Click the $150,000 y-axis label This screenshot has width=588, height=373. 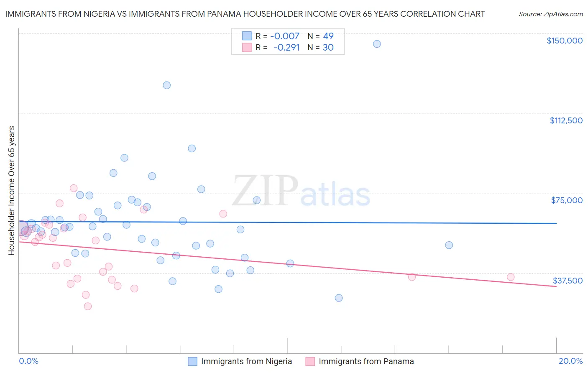coord(564,41)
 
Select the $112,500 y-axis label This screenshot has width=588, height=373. coord(566,120)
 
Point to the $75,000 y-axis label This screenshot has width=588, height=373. coord(567,200)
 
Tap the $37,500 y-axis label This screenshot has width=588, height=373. coord(568,281)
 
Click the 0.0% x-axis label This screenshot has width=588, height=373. coord(28,361)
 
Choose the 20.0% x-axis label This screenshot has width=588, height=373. coord(570,361)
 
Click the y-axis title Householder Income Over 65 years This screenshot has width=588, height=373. coord(12,190)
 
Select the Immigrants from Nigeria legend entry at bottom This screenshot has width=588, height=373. coord(246,361)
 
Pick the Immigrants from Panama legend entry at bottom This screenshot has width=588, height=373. coord(366,361)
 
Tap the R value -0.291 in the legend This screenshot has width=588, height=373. coord(287,48)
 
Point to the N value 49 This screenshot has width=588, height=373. coord(328,36)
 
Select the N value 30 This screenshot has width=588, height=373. coord(328,48)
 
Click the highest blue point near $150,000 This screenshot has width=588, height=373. coord(377,44)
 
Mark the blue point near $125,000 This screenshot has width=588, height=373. coord(166,85)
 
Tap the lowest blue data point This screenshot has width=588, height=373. coord(339,298)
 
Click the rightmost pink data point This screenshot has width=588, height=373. coord(511,277)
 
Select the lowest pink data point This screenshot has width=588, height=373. coord(88,306)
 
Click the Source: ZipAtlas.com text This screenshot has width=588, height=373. coord(550,14)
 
